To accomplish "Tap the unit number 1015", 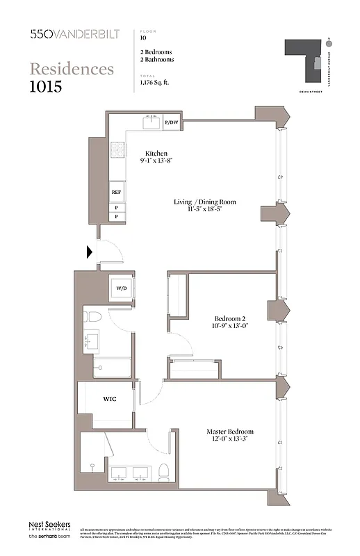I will (46, 87).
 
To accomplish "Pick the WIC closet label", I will (110, 399).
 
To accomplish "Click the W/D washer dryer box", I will (121, 287).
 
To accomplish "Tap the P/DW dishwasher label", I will (171, 123).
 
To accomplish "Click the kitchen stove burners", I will (118, 149).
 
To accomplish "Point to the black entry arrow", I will (90, 252).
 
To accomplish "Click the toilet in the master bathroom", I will (164, 472).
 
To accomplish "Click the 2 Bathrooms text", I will (157, 60).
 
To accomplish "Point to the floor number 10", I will (143, 38).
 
